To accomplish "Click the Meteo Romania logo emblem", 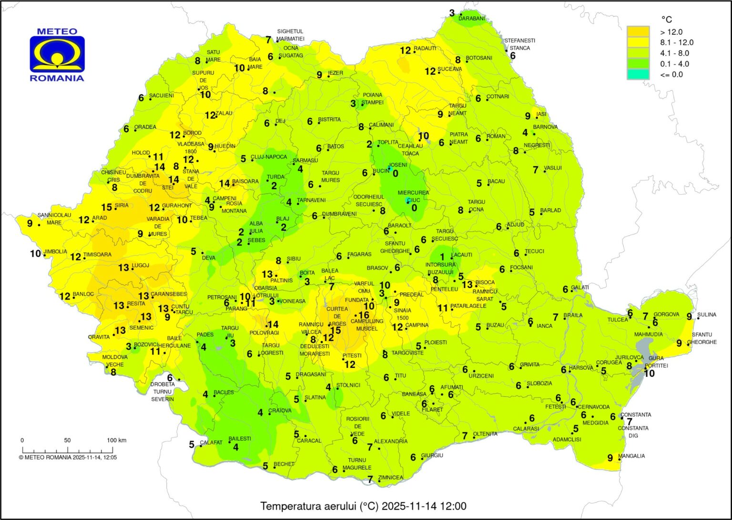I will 57,54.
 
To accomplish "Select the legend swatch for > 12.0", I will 638,32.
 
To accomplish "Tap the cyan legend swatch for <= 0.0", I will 638,74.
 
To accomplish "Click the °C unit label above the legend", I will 666,19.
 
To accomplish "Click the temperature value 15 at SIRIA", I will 106,208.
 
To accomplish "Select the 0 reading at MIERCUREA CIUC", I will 414,208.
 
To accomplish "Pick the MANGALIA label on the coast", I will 631,456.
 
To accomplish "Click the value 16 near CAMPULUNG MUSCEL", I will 364,315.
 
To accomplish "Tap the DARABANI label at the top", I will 471,19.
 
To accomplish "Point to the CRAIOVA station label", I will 280,410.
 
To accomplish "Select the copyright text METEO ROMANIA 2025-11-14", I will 68,457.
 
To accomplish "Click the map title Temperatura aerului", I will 363,506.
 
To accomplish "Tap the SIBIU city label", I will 294,259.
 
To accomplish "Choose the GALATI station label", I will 580,288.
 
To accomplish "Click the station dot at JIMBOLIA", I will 45,255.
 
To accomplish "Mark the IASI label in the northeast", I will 541,114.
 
